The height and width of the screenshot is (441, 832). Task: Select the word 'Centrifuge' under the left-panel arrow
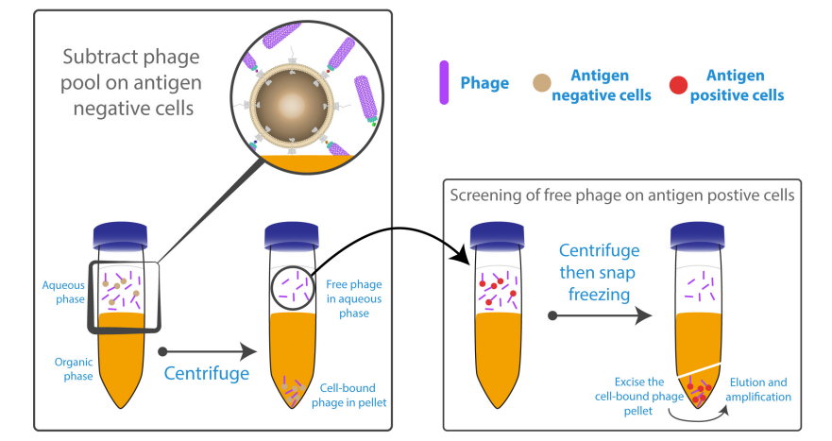click(206, 373)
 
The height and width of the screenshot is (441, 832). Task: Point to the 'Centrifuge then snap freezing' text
click(596, 272)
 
